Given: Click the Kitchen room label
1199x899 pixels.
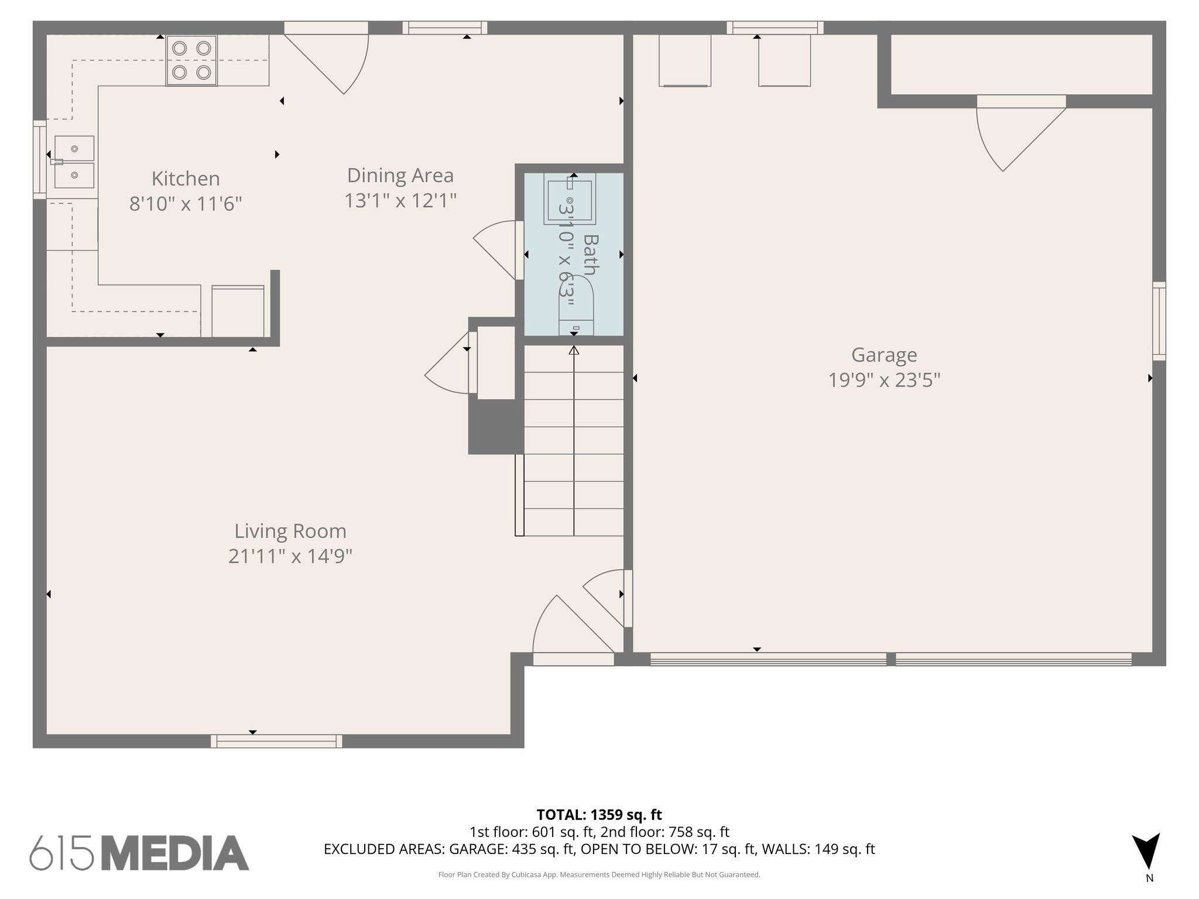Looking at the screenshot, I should pos(186,179).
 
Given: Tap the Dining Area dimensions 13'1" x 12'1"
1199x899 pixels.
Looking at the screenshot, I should pos(400,201).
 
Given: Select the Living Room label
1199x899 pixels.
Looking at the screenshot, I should pos(290,531).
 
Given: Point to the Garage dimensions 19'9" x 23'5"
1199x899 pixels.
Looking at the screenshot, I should pos(884,380).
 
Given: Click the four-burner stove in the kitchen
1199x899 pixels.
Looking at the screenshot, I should pos(191,60).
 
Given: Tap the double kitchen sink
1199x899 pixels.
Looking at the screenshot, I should pos(74,162).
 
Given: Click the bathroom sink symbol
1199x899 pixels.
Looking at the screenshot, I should pos(569,198).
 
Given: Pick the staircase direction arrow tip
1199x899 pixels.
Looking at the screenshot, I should pos(574,350).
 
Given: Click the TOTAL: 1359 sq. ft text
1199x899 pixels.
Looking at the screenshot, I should pos(599,815).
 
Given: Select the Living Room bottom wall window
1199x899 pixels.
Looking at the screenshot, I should pos(276,742).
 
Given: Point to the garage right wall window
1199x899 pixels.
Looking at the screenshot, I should pos(1159,321).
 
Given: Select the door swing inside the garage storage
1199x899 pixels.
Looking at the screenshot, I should pos(1013,138).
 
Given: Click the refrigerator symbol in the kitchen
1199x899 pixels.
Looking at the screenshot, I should pos(238,311).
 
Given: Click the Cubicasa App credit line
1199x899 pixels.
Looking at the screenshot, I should pos(599,875).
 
